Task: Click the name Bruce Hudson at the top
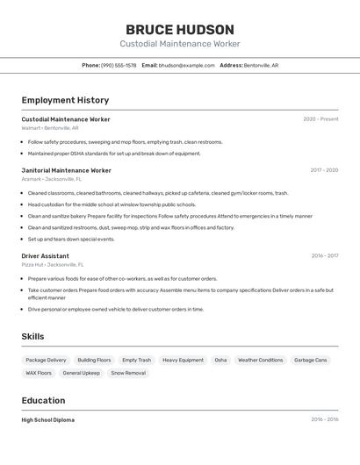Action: point(179,30)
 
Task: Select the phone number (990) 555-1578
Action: point(119,65)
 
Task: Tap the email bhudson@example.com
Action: point(186,65)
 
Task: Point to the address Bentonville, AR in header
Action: point(261,65)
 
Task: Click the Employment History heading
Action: point(65,100)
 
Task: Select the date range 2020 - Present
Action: point(320,119)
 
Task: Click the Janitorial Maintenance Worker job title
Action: point(66,170)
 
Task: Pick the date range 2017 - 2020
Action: point(324,170)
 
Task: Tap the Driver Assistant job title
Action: point(46,256)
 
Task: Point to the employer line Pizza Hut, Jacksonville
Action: point(53,264)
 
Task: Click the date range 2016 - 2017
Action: point(324,256)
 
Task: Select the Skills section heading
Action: point(32,336)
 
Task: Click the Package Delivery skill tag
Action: point(46,360)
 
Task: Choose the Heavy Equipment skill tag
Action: point(183,360)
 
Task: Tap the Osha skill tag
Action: point(220,360)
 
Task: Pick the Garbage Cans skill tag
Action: point(310,360)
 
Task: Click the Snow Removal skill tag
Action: point(128,373)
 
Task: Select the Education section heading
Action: point(45,400)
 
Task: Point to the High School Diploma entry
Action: point(48,419)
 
